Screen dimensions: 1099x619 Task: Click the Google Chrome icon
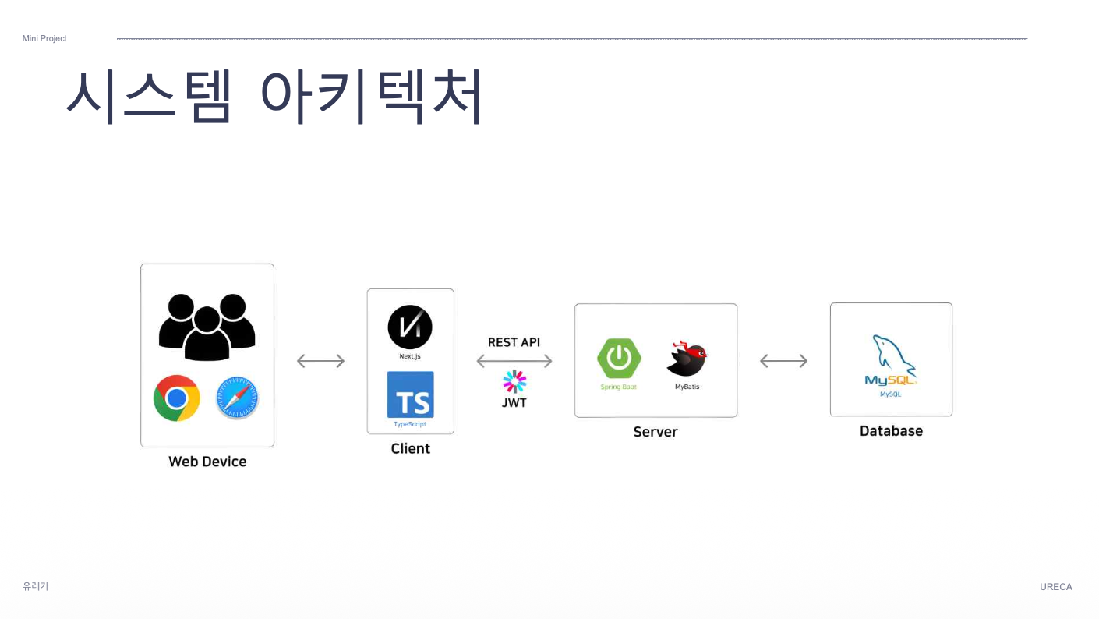click(x=177, y=398)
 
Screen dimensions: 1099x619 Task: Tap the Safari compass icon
click(x=237, y=398)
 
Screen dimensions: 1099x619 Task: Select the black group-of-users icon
click(x=207, y=327)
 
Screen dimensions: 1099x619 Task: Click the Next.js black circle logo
click(x=410, y=327)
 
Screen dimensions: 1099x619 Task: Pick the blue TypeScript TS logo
click(x=410, y=395)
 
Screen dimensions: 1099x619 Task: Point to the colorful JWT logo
click(x=514, y=382)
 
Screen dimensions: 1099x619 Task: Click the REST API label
click(x=514, y=342)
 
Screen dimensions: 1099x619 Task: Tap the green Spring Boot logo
click(x=619, y=359)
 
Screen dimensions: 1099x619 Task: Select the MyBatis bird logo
click(x=687, y=359)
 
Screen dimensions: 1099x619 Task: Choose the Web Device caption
click(x=207, y=462)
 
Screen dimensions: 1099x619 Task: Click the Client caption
click(x=410, y=448)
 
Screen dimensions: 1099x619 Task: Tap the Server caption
click(x=656, y=432)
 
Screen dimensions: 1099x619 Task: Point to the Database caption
click(x=891, y=431)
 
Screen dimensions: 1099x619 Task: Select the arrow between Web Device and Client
click(x=320, y=361)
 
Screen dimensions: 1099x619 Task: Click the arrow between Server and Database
click(x=783, y=361)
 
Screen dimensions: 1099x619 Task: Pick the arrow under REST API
click(x=514, y=361)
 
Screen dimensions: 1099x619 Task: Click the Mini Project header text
click(x=44, y=38)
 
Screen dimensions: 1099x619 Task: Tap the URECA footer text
click(x=1055, y=587)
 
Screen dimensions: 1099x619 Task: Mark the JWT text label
click(x=514, y=403)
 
